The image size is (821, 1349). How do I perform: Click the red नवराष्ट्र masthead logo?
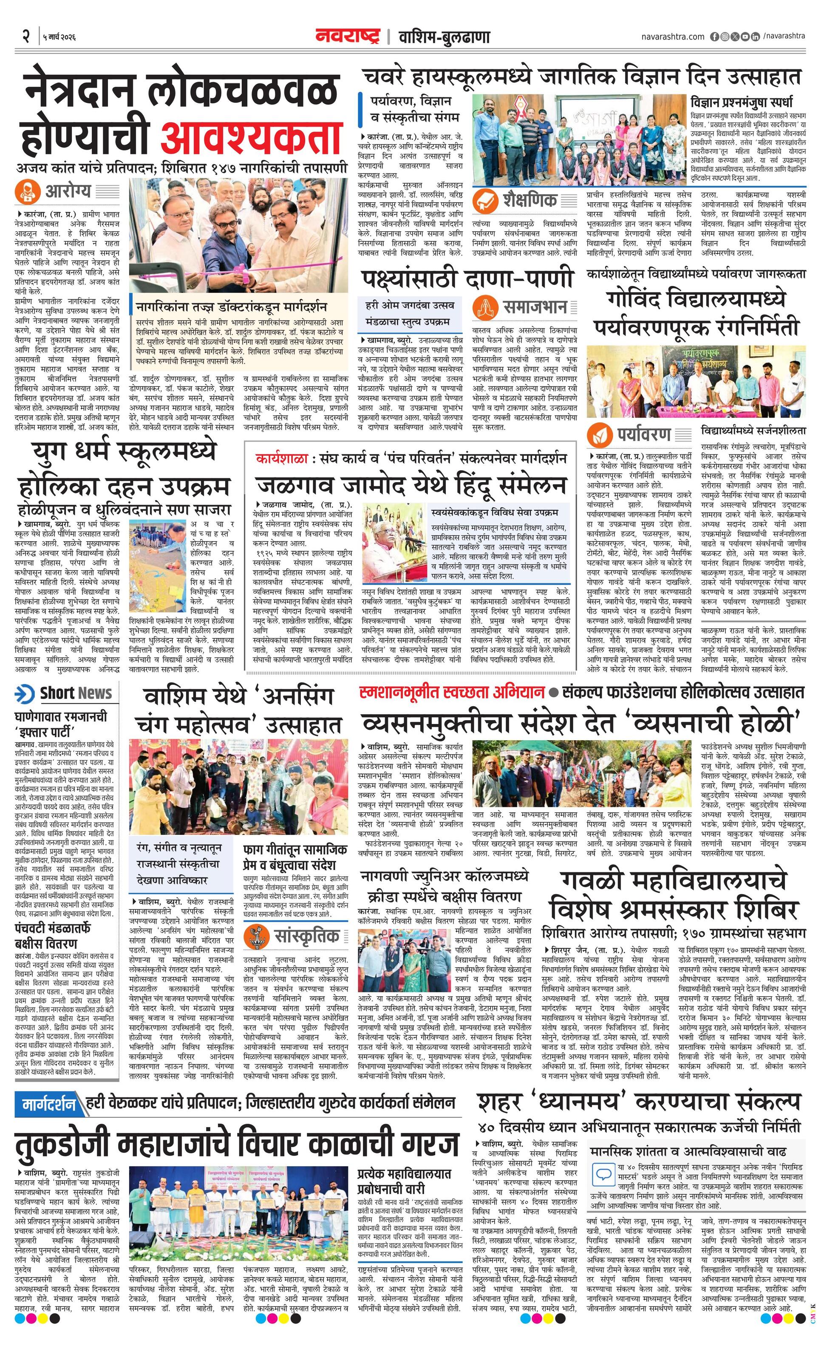point(347,37)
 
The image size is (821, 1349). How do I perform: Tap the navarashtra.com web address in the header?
point(673,37)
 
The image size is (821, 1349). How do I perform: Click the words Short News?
point(76,693)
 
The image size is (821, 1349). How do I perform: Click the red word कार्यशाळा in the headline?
point(282,458)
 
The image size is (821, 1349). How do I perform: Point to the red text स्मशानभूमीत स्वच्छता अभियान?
point(452,693)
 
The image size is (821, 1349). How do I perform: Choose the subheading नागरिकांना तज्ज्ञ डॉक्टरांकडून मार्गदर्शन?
point(232,306)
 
